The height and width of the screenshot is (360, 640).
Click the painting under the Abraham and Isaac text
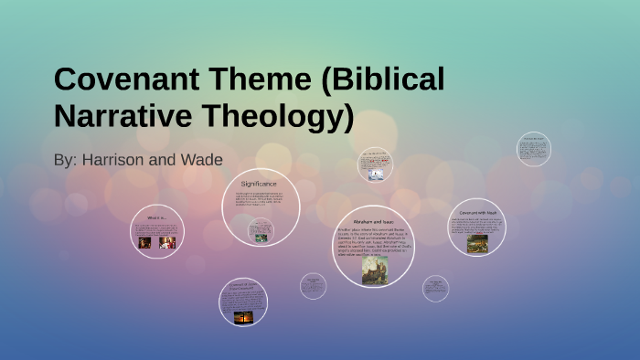click(x=373, y=270)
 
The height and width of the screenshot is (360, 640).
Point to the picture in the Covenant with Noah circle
click(x=477, y=243)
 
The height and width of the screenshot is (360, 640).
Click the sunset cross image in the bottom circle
click(x=244, y=315)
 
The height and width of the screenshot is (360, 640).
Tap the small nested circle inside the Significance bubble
click(x=261, y=231)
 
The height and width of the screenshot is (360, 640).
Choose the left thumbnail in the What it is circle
click(x=144, y=243)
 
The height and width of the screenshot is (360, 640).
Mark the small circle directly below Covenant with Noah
click(x=435, y=289)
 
